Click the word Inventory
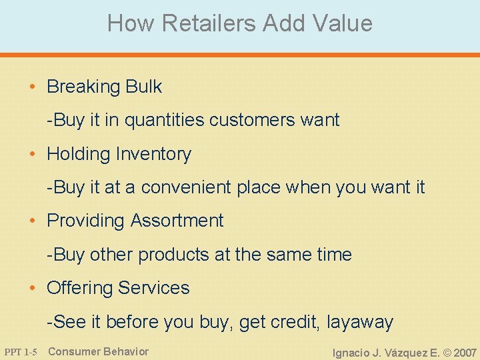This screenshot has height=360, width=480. pos(153,154)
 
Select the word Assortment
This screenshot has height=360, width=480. pos(177,221)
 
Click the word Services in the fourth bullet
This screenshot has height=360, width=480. pos(154,288)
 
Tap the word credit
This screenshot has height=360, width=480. pos(294,322)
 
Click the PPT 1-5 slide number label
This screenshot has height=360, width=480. pos(21,352)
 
